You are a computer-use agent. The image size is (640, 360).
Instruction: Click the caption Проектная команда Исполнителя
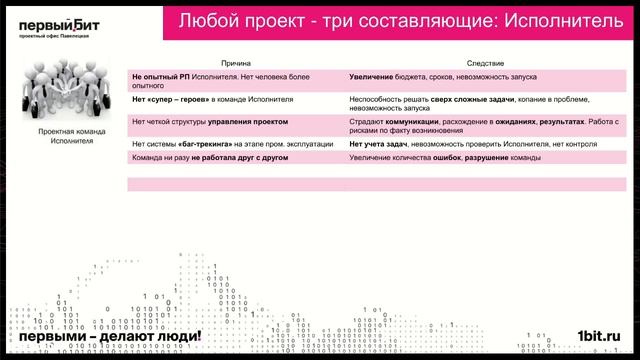point(71,136)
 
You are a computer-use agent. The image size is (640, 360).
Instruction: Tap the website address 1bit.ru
point(599,338)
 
